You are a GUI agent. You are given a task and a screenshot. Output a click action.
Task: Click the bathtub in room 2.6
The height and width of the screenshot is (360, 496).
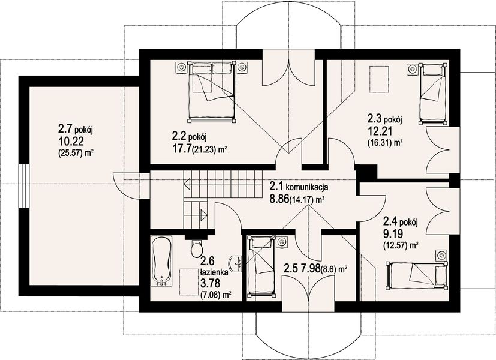pos(161,261)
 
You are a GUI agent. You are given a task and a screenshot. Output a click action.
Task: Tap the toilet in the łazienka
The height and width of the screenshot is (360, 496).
pos(197,248)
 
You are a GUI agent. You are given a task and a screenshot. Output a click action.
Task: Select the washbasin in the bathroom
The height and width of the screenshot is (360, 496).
pos(236,264)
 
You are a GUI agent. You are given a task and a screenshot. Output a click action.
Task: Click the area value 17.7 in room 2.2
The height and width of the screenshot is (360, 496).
pos(181,148)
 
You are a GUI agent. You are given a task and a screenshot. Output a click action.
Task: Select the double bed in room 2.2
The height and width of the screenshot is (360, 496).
pos(212,91)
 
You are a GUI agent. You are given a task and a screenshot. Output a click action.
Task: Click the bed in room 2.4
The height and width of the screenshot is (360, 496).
pos(417,275)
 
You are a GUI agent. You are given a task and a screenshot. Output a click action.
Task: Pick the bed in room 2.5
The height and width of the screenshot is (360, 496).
pos(261,266)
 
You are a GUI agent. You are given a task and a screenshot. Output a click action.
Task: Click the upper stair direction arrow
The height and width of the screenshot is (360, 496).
pos(187,184)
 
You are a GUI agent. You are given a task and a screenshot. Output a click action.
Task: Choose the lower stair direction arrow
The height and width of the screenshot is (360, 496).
pos(203,215)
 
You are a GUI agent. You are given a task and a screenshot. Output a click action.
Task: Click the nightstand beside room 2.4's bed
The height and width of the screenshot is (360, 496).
pos(441,254)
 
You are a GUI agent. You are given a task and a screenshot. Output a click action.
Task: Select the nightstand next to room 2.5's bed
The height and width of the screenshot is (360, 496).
pos(281,242)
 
